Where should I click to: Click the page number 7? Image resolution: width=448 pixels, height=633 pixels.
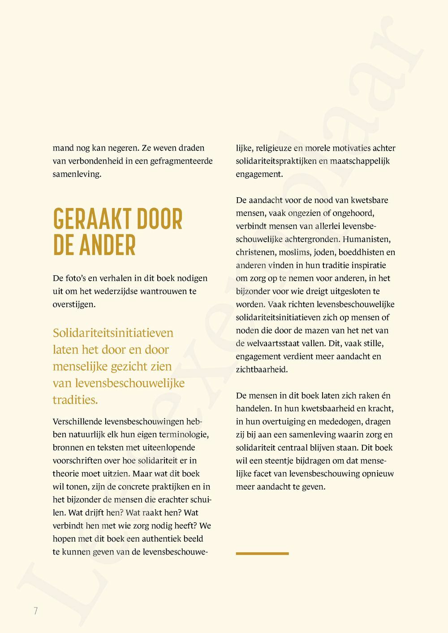click(35, 611)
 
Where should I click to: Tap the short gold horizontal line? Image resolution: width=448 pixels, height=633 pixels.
click(262, 554)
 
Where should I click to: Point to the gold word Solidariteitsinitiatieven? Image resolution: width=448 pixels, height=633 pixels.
click(113, 333)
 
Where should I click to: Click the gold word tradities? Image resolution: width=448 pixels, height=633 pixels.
click(75, 400)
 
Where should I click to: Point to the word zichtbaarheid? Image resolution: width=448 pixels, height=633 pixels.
click(262, 369)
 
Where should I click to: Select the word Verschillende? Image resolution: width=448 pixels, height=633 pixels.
click(78, 421)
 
